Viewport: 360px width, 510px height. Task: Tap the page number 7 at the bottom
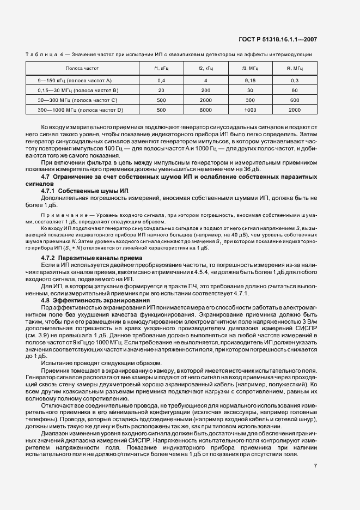(x=315, y=466)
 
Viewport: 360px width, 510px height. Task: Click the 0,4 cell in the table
(x=161, y=80)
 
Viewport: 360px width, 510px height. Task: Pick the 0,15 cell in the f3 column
(x=250, y=80)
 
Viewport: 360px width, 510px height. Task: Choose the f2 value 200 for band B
(x=205, y=90)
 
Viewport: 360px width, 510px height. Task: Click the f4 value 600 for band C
(x=295, y=100)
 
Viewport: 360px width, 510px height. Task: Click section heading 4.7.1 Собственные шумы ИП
(x=84, y=206)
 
